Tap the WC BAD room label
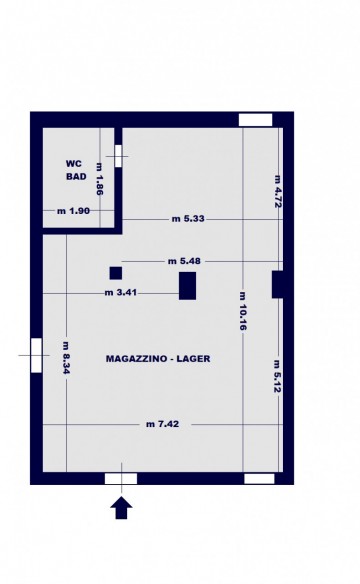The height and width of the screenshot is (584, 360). pyautogui.click(x=76, y=170)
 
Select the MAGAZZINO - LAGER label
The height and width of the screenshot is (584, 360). pyautogui.click(x=158, y=359)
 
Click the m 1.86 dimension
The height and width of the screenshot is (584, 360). pyautogui.click(x=99, y=179)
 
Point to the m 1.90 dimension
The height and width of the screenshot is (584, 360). pyautogui.click(x=73, y=211)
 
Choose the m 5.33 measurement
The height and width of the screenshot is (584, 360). pyautogui.click(x=188, y=219)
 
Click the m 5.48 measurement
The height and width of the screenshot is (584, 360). pyautogui.click(x=184, y=261)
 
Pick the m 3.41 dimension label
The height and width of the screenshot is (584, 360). pyautogui.click(x=121, y=293)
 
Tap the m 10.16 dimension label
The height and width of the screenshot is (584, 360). pyautogui.click(x=243, y=311)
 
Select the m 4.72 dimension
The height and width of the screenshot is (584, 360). pyautogui.click(x=278, y=191)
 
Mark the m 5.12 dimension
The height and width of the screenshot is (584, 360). pyautogui.click(x=278, y=377)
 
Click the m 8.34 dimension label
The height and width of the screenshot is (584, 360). pyautogui.click(x=66, y=358)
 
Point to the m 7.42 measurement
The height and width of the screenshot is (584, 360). pyautogui.click(x=162, y=424)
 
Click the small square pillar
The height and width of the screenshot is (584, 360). pyautogui.click(x=116, y=273)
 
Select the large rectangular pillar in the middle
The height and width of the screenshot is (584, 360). pyautogui.click(x=188, y=286)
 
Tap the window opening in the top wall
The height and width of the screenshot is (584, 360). pyautogui.click(x=255, y=120)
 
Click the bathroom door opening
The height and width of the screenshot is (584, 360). pyautogui.click(x=118, y=156)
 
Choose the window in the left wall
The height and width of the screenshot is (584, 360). pyautogui.click(x=36, y=355)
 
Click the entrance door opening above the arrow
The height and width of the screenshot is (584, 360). pyautogui.click(x=121, y=479)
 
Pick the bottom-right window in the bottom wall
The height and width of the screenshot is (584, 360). pyautogui.click(x=259, y=479)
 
